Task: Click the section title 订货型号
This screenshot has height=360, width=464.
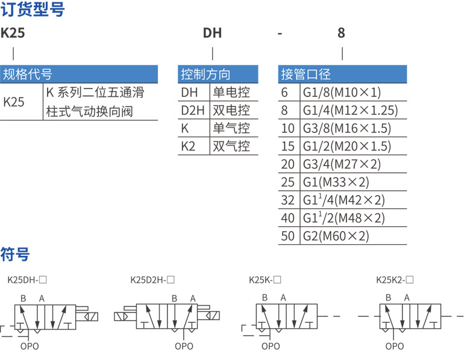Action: tap(33, 9)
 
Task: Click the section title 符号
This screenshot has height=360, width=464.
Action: tap(15, 254)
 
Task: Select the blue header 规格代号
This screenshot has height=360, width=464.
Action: tap(28, 74)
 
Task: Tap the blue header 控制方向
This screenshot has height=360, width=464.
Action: tap(205, 74)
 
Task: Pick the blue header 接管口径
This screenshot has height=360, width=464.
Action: tap(306, 74)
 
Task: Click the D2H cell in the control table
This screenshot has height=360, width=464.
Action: tap(193, 110)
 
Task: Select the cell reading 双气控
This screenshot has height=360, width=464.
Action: tap(231, 146)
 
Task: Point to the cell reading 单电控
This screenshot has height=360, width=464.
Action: tap(231, 92)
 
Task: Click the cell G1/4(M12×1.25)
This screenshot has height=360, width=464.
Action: tap(350, 110)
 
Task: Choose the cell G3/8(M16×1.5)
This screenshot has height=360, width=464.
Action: tap(347, 128)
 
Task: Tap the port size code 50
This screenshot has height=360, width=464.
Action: tap(287, 236)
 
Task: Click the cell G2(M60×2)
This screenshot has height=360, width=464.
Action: tap(336, 236)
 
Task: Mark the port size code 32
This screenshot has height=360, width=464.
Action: tap(287, 200)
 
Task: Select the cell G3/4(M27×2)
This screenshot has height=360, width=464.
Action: tap(342, 164)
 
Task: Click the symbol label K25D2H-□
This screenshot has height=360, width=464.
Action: tap(152, 279)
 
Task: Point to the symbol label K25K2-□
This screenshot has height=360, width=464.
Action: tap(395, 279)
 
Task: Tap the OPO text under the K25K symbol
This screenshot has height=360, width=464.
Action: tap(271, 346)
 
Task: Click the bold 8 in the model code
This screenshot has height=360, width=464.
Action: tap(341, 33)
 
